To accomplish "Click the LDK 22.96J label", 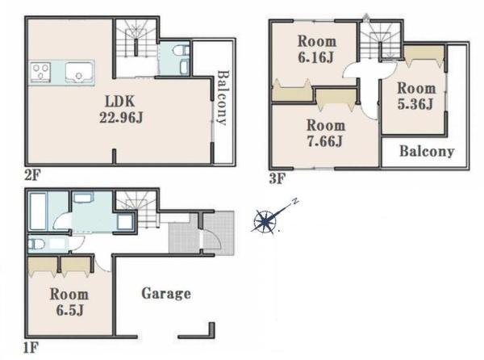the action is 121,109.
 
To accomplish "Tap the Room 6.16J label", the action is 317,49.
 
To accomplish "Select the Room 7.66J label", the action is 326,133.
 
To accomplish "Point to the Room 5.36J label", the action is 416,96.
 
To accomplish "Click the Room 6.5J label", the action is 69,302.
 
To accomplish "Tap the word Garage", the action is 166,294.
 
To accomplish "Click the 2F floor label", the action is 32,176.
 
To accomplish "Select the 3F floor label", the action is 277,178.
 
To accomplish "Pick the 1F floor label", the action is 31,348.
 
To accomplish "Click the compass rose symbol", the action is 265,220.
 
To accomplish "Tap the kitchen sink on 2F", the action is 80,73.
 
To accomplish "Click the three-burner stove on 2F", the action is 40,73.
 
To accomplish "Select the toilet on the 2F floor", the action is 181,50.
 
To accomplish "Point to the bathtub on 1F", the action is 38,211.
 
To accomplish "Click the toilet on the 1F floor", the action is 36,245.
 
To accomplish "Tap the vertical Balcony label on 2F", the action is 223,98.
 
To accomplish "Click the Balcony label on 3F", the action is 427,151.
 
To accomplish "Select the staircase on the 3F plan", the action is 381,40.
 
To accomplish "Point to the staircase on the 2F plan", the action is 136,39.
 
